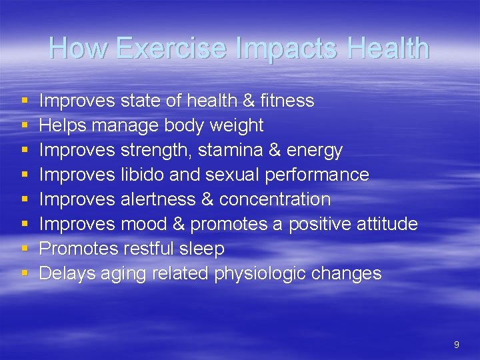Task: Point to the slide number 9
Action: (x=456, y=345)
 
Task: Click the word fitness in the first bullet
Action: (x=287, y=101)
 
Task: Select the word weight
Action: (x=237, y=125)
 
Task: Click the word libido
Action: (x=144, y=175)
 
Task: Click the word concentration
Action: (x=275, y=199)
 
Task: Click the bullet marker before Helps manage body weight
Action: (x=25, y=125)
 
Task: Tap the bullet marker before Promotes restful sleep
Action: (x=25, y=249)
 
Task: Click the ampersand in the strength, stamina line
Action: (x=273, y=150)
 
